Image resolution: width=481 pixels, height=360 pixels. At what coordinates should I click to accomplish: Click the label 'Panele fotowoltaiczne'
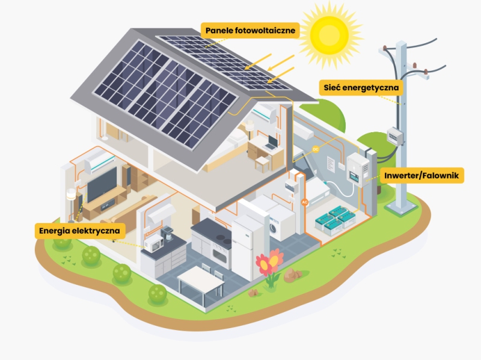coord(250,31)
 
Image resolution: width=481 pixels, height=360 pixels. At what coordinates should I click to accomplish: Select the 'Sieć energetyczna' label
coord(360,87)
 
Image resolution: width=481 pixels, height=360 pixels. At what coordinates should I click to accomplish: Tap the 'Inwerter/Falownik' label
coord(423,175)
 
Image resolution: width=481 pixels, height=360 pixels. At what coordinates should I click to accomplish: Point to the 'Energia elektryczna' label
coord(79,231)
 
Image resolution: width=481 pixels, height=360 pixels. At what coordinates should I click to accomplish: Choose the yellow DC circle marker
coord(316,148)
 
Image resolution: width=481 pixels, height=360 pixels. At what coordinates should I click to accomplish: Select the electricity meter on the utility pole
coord(394,136)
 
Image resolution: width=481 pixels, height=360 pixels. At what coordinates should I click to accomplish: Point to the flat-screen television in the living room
coord(102,183)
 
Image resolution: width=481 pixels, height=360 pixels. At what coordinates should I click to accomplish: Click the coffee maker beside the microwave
coord(168,239)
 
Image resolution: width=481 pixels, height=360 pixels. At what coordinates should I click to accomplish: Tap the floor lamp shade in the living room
coord(71,195)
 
